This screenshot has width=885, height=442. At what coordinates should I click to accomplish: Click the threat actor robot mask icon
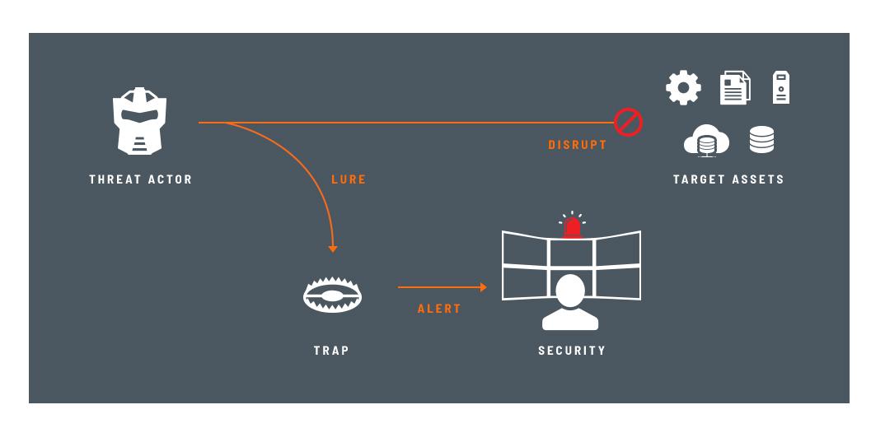(139, 121)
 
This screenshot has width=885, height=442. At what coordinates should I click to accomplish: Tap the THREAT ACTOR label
(141, 179)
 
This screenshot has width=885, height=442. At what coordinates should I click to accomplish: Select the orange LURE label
(349, 179)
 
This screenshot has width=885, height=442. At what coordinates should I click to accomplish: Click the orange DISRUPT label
(578, 145)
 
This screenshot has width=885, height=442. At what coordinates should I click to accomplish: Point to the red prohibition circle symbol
(628, 122)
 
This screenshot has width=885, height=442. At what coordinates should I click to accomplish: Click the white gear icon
(683, 87)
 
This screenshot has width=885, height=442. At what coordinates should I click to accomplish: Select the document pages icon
(735, 87)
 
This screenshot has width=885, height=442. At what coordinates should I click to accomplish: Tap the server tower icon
(781, 87)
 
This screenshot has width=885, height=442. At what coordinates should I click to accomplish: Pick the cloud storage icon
(706, 141)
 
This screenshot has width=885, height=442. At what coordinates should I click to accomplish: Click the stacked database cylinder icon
(762, 140)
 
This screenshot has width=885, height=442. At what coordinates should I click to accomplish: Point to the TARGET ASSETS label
(728, 179)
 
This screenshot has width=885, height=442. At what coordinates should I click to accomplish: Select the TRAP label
(331, 350)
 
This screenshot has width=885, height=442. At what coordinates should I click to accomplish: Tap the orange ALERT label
(439, 309)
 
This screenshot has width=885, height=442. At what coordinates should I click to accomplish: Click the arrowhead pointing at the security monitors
(483, 287)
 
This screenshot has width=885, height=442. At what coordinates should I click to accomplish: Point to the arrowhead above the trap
(333, 249)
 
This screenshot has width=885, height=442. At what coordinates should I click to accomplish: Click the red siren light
(573, 227)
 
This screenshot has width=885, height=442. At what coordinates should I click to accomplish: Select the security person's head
(570, 291)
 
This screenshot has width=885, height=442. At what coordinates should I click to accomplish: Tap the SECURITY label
(572, 350)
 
